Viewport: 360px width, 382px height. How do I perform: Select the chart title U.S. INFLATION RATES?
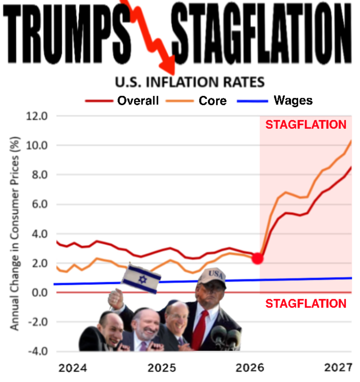pyautogui.click(x=190, y=82)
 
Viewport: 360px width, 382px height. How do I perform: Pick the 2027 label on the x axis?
pyautogui.click(x=338, y=368)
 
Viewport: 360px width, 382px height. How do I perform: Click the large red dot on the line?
pyautogui.click(x=257, y=258)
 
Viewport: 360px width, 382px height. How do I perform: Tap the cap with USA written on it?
pyautogui.click(x=212, y=277)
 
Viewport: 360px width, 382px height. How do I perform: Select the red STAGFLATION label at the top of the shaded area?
pyautogui.click(x=306, y=124)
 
